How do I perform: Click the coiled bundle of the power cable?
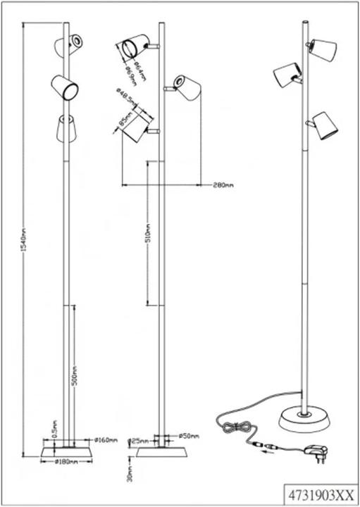[x=236, y=425]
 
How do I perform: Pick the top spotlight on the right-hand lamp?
[x=323, y=49]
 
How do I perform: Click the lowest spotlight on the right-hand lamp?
[x=324, y=125]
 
